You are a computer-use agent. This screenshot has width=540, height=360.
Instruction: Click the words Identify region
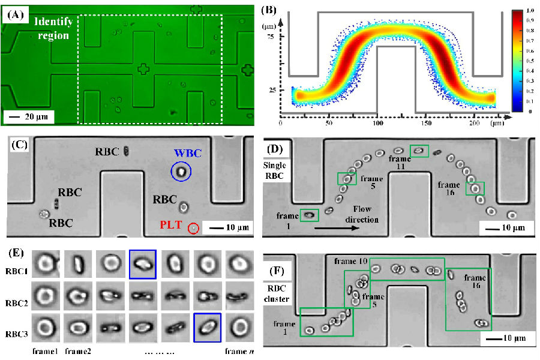[53, 28]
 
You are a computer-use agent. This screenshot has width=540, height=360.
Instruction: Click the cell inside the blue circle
[180, 172]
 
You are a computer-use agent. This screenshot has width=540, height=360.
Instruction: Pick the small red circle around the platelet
[193, 228]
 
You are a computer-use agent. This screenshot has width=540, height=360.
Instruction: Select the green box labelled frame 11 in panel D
[419, 150]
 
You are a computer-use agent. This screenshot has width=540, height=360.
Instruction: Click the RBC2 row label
[18, 295]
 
